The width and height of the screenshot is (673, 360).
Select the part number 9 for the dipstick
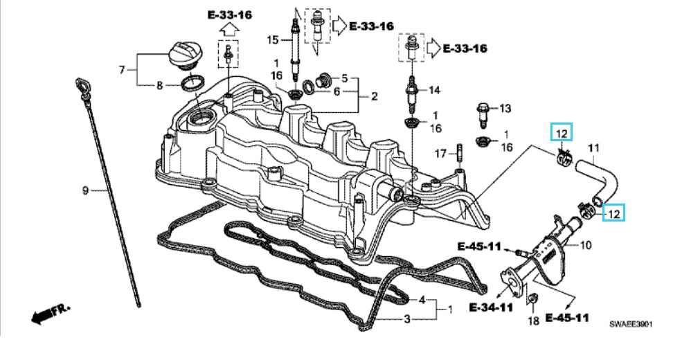pyautogui.click(x=85, y=190)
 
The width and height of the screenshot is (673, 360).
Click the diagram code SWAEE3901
pyautogui.click(x=631, y=324)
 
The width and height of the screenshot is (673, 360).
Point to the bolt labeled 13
pyautogui.click(x=483, y=116)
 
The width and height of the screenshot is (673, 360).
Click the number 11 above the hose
pyautogui.click(x=593, y=148)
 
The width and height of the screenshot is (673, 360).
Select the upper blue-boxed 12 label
pyautogui.click(x=562, y=134)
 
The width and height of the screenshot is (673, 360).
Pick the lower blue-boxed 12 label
pyautogui.click(x=614, y=213)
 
